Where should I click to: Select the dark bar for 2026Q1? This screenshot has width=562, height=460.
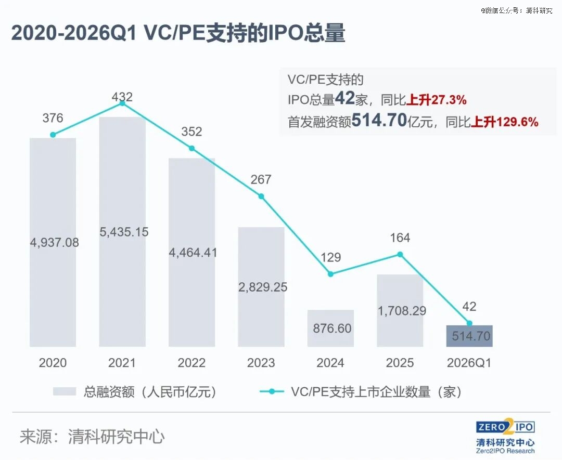(469, 336)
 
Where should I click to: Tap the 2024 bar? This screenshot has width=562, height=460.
(330, 328)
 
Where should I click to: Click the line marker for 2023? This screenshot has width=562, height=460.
(261, 196)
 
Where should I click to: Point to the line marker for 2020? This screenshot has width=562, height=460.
(53, 135)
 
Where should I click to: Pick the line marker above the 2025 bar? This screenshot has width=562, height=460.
(400, 254)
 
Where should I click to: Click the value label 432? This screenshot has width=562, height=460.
(122, 97)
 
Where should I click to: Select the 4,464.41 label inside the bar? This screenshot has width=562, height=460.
(192, 253)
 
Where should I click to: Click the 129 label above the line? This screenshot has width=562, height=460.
(330, 257)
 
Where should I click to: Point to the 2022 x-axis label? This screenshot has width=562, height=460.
(191, 363)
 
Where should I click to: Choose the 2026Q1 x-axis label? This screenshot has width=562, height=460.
(469, 363)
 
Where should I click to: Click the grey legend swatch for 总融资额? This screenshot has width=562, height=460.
(65, 392)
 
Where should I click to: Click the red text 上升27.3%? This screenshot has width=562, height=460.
(437, 99)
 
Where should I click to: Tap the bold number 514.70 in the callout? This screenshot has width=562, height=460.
(379, 121)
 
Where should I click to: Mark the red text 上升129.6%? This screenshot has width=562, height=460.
(505, 122)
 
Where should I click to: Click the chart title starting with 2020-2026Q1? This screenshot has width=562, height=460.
(178, 33)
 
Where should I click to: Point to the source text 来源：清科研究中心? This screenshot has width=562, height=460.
(92, 436)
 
